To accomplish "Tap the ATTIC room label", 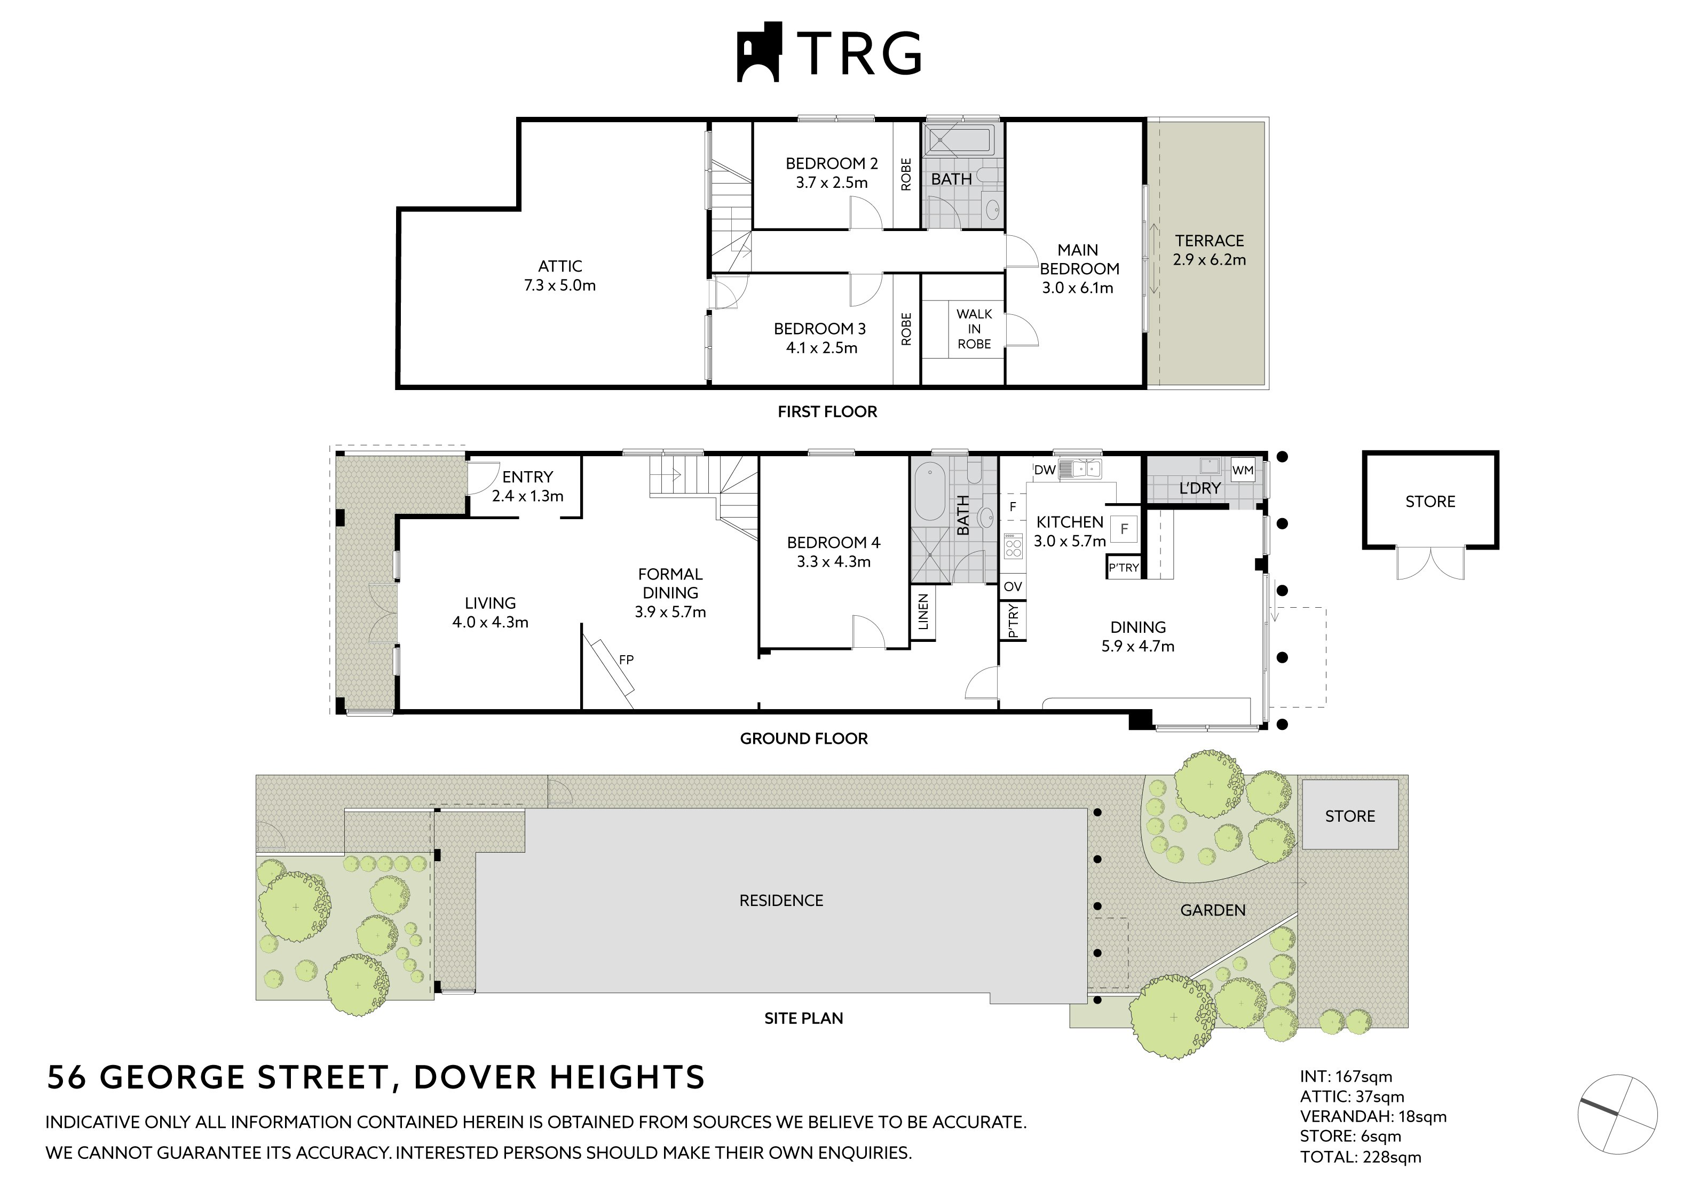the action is [559, 266].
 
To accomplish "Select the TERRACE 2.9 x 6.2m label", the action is [1209, 250].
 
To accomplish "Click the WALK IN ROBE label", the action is [974, 329].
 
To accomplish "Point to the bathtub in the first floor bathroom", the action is [960, 140].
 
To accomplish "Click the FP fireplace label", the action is [626, 659].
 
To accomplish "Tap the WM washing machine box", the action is [1243, 470].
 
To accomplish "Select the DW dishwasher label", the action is [1044, 470].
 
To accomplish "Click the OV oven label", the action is [1012, 587].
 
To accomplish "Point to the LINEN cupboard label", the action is [923, 613].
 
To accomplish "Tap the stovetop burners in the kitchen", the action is [1013, 547].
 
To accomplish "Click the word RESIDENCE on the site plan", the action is [781, 900].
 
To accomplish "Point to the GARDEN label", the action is [1213, 910].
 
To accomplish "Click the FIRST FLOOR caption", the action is [827, 412].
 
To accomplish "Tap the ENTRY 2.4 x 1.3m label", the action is [527, 486].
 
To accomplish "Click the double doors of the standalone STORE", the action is [1431, 563].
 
